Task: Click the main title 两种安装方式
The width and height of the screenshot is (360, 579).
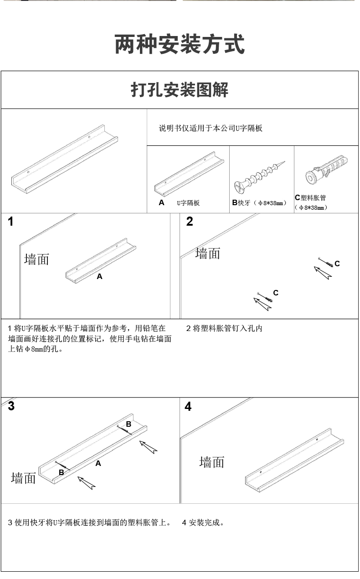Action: click(x=180, y=44)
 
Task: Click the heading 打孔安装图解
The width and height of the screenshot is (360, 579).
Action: click(x=180, y=90)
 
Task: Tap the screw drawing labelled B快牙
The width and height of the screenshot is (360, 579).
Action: click(x=259, y=177)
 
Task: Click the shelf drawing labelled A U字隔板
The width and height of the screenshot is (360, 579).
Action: click(x=189, y=174)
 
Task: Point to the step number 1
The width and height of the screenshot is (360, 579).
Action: click(x=10, y=222)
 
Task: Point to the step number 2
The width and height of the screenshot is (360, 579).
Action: click(x=190, y=222)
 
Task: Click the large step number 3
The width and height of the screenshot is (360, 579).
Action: click(x=11, y=406)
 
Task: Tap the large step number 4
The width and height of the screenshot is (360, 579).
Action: click(x=188, y=406)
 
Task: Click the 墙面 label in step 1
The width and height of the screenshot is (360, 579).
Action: click(x=37, y=259)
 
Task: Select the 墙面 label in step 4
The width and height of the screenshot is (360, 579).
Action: click(x=211, y=462)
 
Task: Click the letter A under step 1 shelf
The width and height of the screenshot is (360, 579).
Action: click(x=99, y=277)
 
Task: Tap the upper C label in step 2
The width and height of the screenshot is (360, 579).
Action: click(x=337, y=264)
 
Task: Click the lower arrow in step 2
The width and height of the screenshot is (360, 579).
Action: click(x=262, y=304)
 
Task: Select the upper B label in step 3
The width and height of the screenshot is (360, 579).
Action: click(x=129, y=424)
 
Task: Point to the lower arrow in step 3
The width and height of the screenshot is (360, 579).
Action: click(x=87, y=483)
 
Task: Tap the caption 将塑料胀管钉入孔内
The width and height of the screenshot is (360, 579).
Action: click(x=227, y=329)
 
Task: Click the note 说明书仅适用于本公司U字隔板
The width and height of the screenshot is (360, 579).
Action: click(x=211, y=128)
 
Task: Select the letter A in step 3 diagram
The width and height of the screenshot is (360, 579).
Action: click(x=98, y=464)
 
